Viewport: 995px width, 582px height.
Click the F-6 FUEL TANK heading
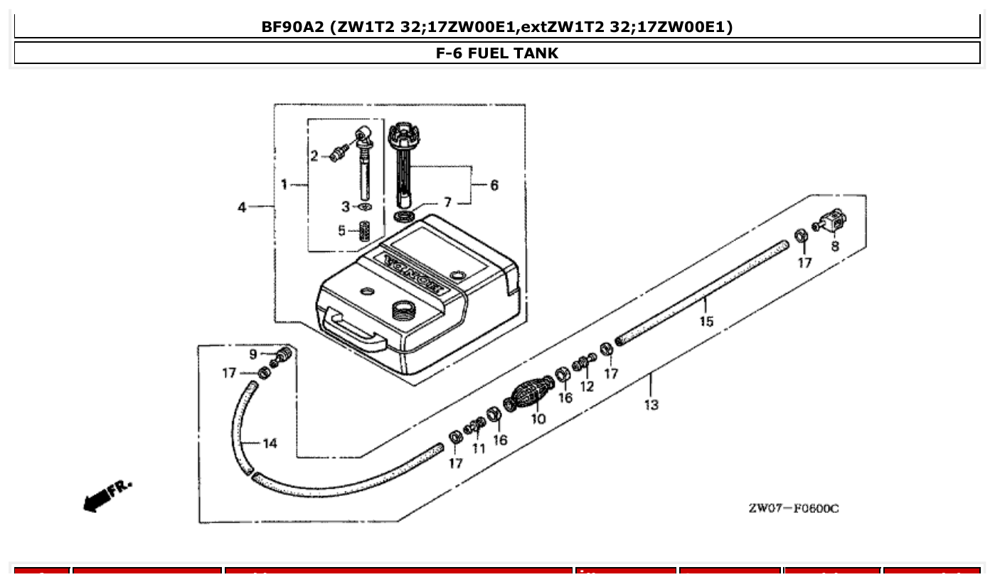[497, 53]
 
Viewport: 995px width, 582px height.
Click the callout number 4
[243, 207]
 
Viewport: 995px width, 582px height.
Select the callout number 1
[284, 185]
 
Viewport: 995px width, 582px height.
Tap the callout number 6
[494, 186]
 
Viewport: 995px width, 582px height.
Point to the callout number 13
[651, 405]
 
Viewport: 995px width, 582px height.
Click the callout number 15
[706, 322]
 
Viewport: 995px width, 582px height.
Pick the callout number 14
[270, 444]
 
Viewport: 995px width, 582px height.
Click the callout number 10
[538, 419]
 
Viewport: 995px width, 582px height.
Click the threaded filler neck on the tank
[403, 309]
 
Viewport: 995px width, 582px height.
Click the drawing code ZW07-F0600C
[793, 508]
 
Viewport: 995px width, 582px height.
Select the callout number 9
[252, 354]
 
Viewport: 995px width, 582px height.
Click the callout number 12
[587, 386]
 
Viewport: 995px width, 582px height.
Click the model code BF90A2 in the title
[294, 27]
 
